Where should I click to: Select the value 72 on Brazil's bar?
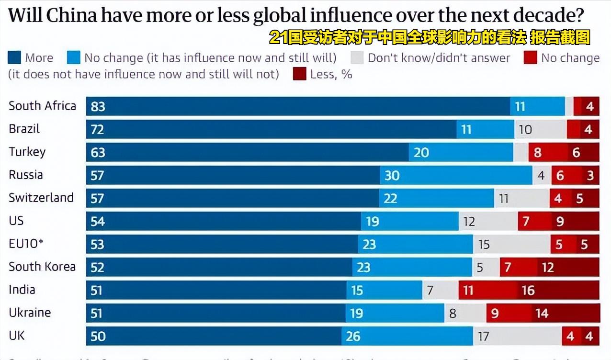click(97, 129)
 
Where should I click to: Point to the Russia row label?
click(26, 175)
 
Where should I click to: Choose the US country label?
click(16, 221)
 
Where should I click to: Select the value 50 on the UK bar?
click(98, 336)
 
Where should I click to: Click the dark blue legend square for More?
click(14, 58)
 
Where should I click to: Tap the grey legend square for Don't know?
click(357, 58)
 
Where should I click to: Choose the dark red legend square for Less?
click(299, 74)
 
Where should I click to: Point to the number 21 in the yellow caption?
click(278, 37)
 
